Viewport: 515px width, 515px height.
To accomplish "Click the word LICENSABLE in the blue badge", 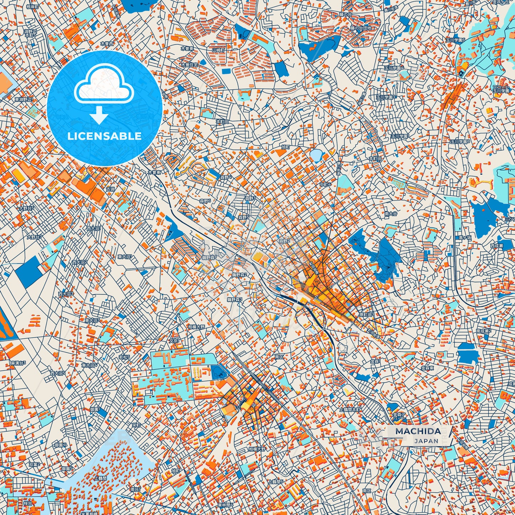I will (104, 136).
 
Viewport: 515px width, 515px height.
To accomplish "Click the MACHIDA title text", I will (418, 431).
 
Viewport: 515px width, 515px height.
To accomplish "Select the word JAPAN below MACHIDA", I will (426, 441).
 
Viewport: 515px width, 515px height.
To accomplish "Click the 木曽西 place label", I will (107, 43).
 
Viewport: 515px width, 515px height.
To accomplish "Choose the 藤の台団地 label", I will (361, 28).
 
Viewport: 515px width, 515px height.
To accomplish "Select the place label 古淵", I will (110, 189).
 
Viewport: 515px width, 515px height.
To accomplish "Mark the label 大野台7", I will (34, 237).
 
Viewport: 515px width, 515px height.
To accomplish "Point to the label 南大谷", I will (391, 214).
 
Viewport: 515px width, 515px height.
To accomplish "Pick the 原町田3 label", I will (366, 315).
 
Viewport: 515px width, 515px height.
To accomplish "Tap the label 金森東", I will (427, 368).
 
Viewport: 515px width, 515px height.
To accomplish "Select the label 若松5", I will (124, 357).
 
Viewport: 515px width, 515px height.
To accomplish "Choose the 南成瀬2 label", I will (484, 331).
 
